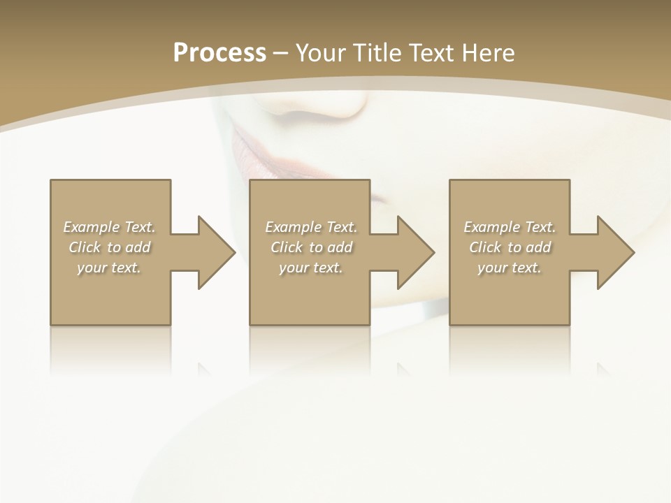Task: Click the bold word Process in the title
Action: coord(219,53)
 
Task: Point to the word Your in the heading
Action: coord(320,53)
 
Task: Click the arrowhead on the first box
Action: coord(217,252)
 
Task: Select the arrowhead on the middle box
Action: coord(416,252)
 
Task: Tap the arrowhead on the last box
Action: coord(616,252)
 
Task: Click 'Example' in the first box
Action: coord(91,227)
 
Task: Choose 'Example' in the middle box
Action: coord(293,227)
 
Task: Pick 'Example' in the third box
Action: coord(491,227)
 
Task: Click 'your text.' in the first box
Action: coord(109,268)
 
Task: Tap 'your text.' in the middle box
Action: coord(310,268)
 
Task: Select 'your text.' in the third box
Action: coord(510,268)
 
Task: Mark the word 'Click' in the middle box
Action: coord(287,247)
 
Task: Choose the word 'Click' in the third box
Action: coord(485,247)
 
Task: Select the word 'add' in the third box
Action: coord(538,247)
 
